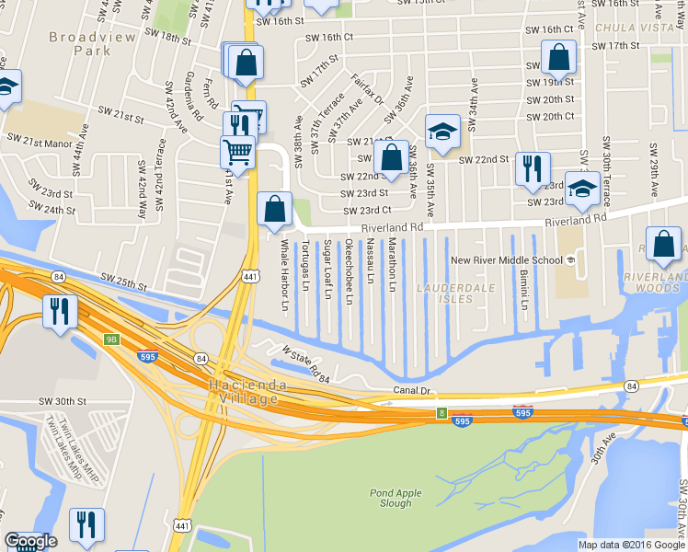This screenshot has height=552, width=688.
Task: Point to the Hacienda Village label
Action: (243, 392)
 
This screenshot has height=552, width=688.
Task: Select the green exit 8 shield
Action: (441, 414)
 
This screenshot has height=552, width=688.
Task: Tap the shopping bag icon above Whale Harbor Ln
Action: (274, 209)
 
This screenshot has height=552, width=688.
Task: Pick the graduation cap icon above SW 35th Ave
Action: (441, 131)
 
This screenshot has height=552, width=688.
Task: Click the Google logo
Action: (30, 541)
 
